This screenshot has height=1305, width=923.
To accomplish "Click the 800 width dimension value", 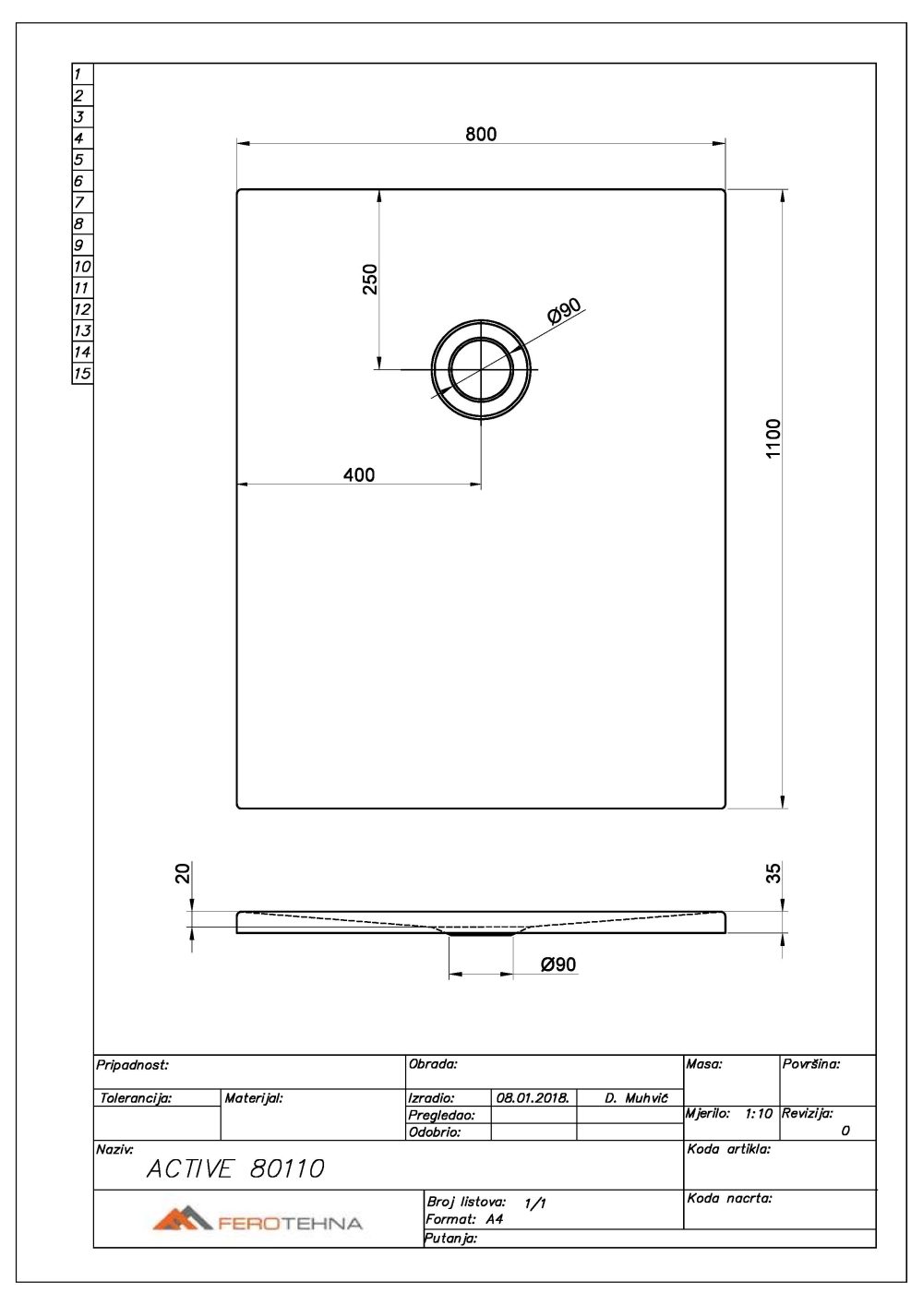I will pos(480,134).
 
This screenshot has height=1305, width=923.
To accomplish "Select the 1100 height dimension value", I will pos(773,438).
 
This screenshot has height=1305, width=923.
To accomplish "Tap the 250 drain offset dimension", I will pos(370,279).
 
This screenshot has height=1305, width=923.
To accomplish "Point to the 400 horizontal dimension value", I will pos(358,474).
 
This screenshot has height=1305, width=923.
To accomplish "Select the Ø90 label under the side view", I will pos(558,964).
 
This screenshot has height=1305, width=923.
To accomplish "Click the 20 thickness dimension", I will pos(184,872).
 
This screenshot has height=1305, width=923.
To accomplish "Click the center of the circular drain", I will pos(480,369).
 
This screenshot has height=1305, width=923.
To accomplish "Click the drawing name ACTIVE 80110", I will pos(235,1168).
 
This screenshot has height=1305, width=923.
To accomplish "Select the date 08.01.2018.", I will pos(532,1098).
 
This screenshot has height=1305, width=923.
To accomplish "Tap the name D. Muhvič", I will pos(636,1098).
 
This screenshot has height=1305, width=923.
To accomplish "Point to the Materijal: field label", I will pos(253,1098).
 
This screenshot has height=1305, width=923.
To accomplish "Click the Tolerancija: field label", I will pos(135,1098).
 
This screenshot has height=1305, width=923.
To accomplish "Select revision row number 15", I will pos(82,374).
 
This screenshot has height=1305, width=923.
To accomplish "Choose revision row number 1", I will pos(78,74).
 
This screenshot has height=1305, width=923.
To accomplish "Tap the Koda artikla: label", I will pos(729,1149).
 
